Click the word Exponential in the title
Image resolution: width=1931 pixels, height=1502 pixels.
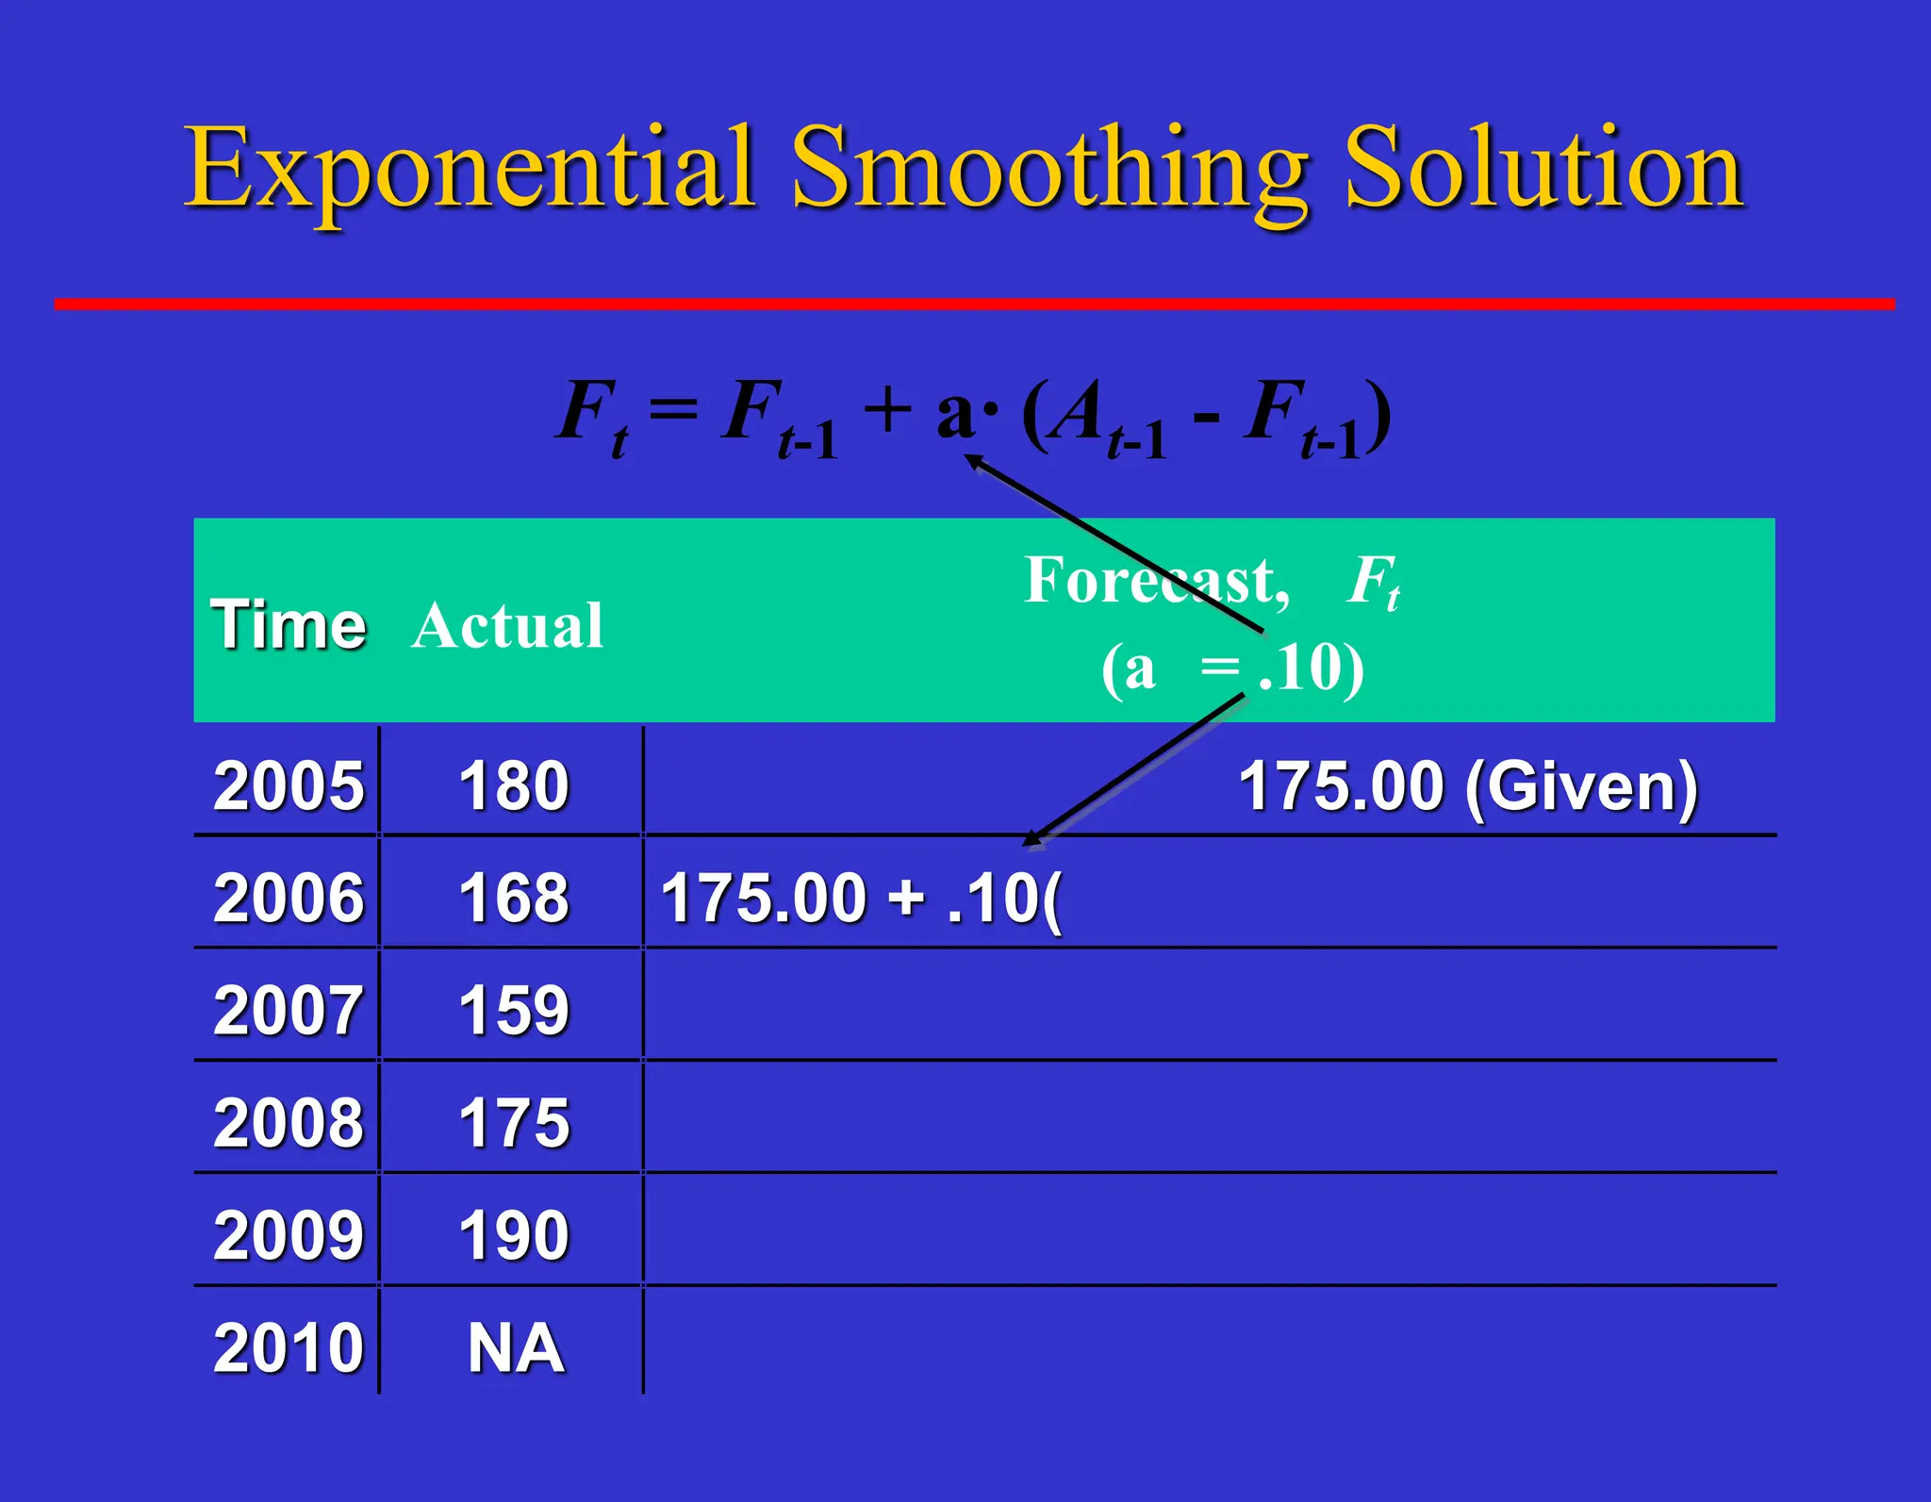coord(469,170)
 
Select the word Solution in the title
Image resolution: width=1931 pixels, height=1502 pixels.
coord(1543,170)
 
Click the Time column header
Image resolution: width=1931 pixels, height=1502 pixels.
coord(289,625)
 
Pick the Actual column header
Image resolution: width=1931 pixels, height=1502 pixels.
coord(507,625)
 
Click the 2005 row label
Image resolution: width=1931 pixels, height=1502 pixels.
coord(289,785)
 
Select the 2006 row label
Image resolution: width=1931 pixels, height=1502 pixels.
coord(289,898)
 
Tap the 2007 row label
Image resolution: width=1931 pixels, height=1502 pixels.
coord(289,1010)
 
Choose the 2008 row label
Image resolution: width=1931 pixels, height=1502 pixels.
coord(289,1122)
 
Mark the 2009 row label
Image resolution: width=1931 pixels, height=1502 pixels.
coord(289,1235)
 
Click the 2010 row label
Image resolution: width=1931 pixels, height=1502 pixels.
coord(289,1347)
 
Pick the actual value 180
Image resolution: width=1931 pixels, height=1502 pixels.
coord(514,785)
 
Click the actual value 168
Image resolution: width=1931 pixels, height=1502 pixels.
coord(514,898)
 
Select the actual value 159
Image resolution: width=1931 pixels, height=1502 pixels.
coord(514,1010)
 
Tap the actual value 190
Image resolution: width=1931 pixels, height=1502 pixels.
coord(514,1235)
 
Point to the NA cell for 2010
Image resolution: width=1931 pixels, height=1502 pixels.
coord(516,1347)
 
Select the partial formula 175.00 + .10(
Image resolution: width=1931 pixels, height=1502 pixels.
coord(861,898)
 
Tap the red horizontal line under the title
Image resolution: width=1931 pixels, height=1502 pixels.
coord(974,304)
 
